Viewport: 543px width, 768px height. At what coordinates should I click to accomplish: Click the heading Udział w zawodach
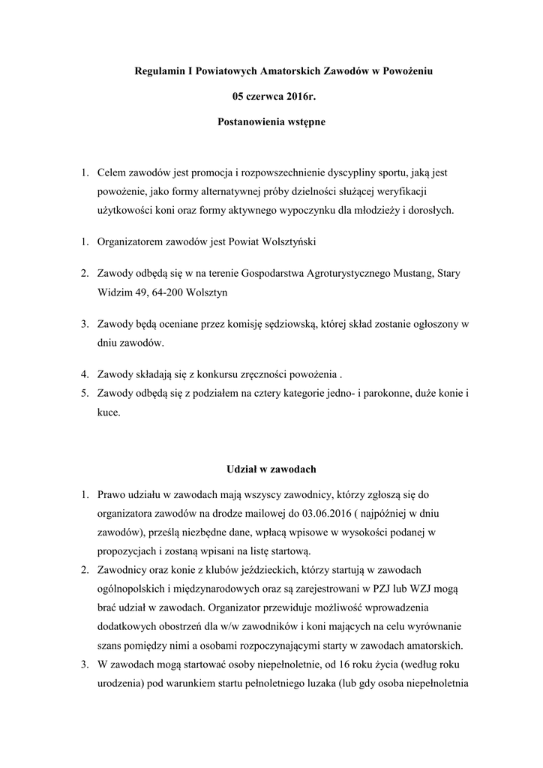(271, 469)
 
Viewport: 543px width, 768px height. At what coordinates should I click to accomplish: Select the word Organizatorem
(130, 243)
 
